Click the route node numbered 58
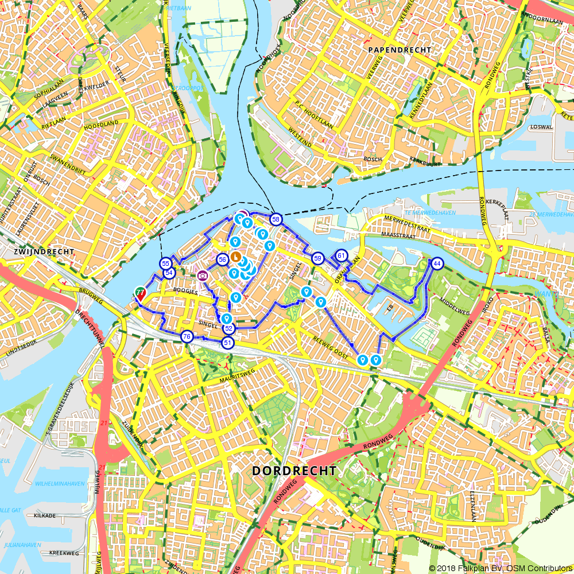276,220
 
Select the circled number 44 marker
437,263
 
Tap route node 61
342,256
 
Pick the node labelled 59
317,259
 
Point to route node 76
187,336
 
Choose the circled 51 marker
228,343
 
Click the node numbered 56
223,259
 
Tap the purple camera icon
202,276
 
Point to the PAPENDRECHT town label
400,50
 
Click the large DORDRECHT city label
294,471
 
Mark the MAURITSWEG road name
236,380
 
